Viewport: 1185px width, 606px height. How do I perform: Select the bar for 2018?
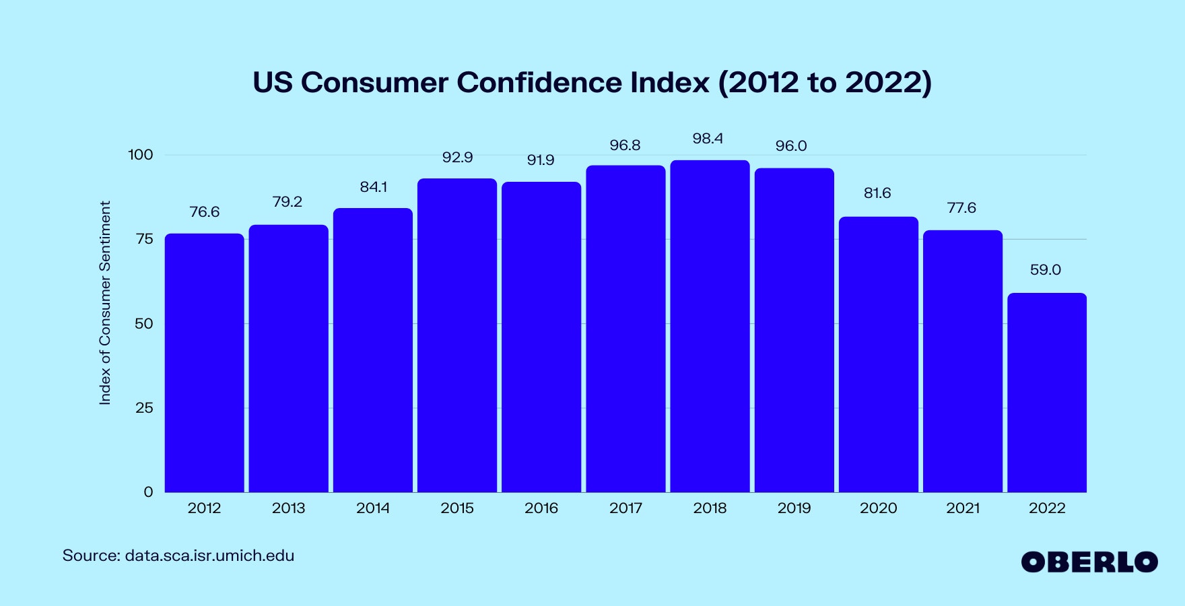(x=710, y=327)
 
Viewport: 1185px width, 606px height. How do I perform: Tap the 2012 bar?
(x=204, y=363)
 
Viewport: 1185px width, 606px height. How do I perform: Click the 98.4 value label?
(x=708, y=139)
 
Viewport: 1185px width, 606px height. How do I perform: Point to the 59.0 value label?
(x=1045, y=270)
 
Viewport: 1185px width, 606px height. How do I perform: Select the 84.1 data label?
(x=373, y=187)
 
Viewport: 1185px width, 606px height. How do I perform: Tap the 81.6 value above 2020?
(x=877, y=193)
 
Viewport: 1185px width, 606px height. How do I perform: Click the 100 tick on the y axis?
(x=141, y=155)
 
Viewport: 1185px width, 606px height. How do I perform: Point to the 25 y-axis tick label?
(x=144, y=408)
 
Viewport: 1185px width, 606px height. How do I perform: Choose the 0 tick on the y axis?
(x=148, y=492)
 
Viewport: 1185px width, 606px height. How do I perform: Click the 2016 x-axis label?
(x=541, y=508)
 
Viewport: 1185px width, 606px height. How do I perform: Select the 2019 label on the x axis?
(x=794, y=508)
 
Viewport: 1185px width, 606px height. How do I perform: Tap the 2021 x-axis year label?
(x=963, y=508)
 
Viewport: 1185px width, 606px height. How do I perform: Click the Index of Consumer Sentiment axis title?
(x=105, y=303)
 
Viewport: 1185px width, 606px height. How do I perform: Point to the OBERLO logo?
(x=1089, y=562)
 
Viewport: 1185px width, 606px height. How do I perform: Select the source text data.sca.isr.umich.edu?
(x=209, y=556)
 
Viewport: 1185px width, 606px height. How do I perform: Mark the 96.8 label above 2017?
(x=625, y=145)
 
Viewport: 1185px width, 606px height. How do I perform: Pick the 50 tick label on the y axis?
(x=144, y=324)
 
